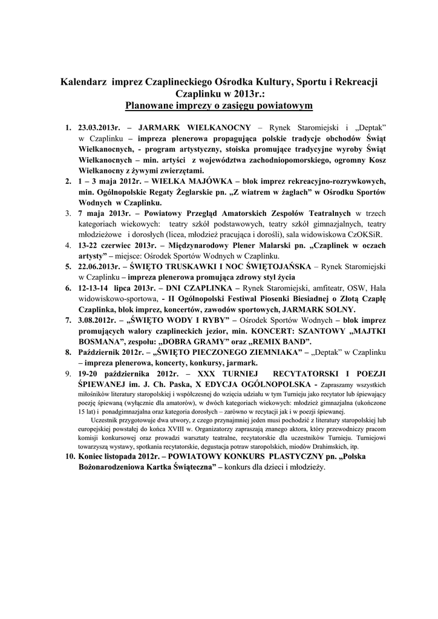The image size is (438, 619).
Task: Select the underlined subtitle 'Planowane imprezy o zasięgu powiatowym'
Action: [218, 106]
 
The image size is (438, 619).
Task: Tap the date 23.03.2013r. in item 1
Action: [100, 129]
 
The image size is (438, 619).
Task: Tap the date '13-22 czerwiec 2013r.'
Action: [115, 245]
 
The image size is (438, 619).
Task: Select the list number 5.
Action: [68, 266]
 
